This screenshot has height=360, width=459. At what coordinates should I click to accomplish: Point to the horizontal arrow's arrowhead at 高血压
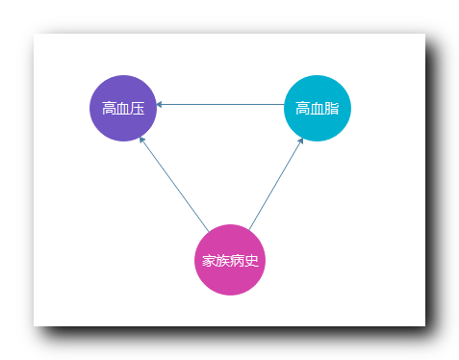click(159, 104)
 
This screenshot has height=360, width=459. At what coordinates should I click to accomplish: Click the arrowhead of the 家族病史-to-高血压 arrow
click(142, 141)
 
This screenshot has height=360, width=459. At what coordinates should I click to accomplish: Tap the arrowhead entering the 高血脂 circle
click(301, 141)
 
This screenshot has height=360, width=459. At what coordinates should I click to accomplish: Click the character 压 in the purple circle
click(138, 108)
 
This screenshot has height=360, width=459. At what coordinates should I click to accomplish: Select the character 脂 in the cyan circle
click(332, 108)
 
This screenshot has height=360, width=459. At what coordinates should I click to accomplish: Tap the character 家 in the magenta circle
click(208, 261)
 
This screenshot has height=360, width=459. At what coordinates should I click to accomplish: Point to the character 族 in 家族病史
click(222, 261)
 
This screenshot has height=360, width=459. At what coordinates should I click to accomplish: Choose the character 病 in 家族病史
click(237, 261)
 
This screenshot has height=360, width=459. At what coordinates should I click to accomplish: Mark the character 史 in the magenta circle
click(251, 261)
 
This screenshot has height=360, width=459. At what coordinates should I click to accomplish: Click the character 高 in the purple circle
click(109, 108)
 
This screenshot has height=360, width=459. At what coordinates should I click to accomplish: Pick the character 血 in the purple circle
click(123, 108)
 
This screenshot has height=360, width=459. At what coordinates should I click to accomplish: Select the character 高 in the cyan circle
click(303, 108)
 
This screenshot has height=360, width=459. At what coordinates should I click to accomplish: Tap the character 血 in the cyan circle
click(318, 108)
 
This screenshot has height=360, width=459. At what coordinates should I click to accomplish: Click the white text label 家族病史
click(229, 261)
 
